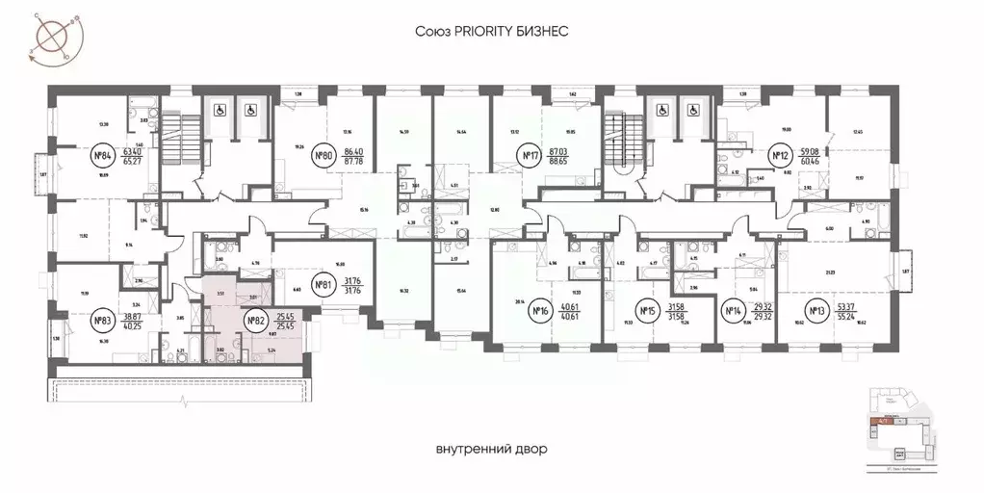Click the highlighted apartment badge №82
255,321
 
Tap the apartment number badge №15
647,310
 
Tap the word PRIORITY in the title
492,32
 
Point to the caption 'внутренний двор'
491,449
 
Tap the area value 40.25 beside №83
133,325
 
